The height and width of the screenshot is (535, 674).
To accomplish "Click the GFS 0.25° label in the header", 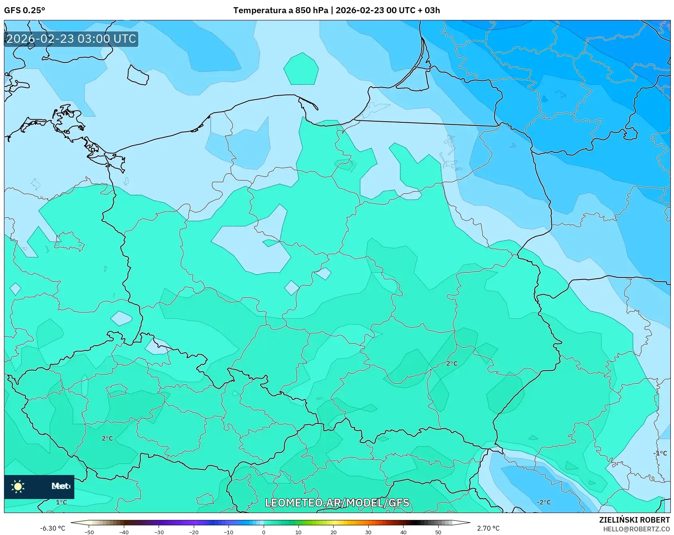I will coord(24,10).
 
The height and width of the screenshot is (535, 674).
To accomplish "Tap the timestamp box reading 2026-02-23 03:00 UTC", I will coord(71,39).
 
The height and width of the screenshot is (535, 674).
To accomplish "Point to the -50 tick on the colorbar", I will coord(89,532).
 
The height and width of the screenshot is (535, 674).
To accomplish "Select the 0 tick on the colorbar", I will coord(263,532).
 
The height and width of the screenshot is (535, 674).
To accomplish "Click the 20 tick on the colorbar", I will coord(333,532).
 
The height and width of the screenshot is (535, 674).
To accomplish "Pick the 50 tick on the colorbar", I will coord(438,532).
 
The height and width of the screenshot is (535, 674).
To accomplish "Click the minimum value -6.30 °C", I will coord(52,528).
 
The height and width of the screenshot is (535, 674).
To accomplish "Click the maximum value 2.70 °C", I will coord(488,528).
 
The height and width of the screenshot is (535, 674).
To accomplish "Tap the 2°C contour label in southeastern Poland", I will coord(452,363).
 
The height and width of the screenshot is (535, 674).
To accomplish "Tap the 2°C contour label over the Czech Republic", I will coord(107,438).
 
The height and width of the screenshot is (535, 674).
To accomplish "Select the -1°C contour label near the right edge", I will coord(660,453).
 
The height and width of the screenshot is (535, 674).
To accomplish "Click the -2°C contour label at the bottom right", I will coord(543,502).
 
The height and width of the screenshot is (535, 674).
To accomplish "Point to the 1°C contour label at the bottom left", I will coord(61,502).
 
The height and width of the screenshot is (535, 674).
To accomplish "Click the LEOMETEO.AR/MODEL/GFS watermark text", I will coord(337,503).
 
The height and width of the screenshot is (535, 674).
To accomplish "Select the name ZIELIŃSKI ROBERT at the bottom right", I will coord(634,520).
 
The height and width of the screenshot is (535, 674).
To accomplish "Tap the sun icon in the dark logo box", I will coord(18,486).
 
